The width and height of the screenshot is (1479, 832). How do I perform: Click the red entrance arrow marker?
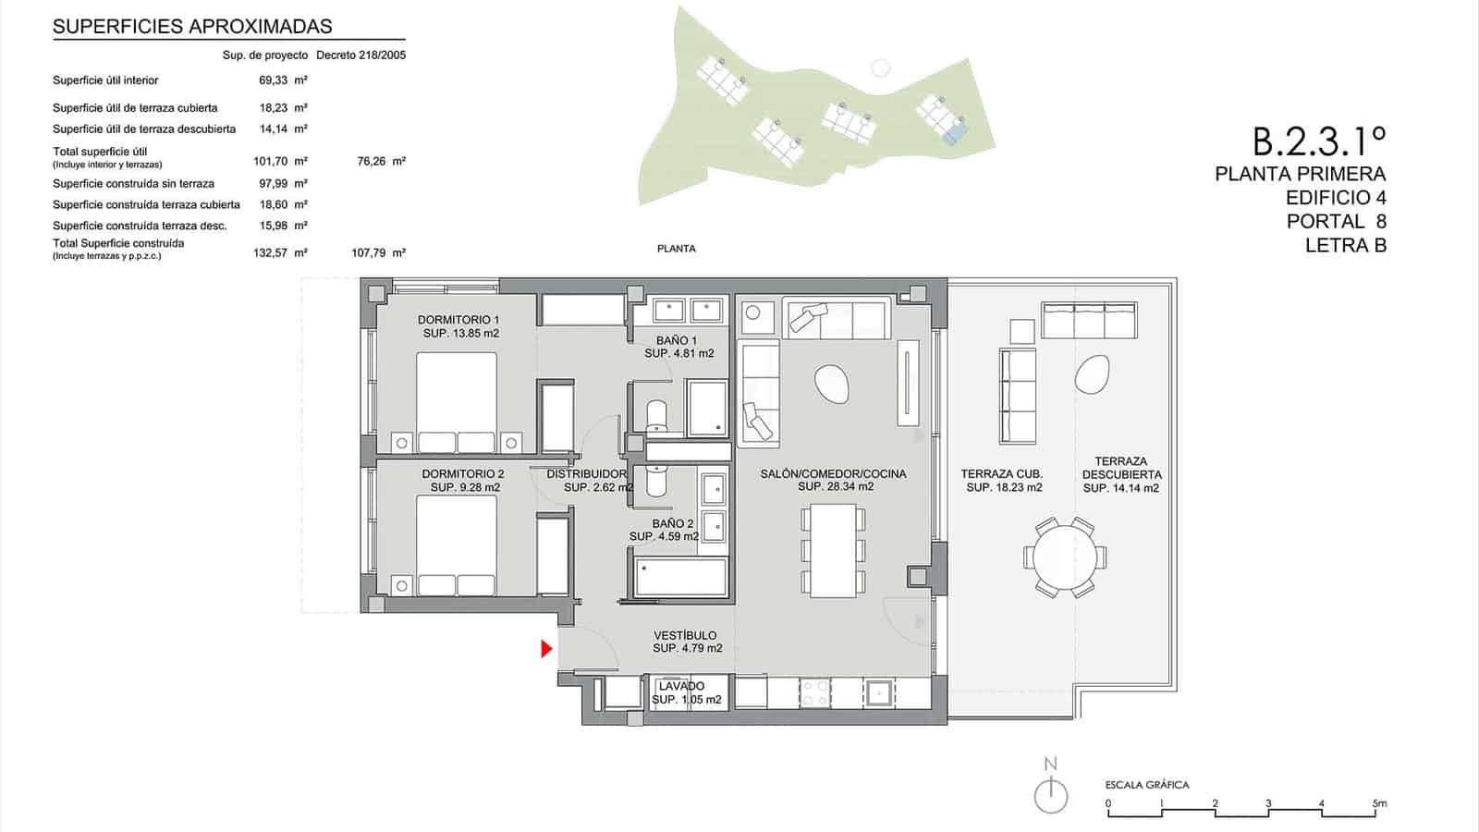click(x=546, y=649)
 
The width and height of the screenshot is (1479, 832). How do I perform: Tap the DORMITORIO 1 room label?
click(x=460, y=320)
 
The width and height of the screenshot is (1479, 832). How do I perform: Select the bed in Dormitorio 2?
click(x=457, y=545)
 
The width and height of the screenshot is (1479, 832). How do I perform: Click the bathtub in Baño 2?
click(x=679, y=577)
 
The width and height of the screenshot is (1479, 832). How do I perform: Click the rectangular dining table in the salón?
click(x=834, y=549)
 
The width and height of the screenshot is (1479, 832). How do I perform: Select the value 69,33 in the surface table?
click(x=274, y=80)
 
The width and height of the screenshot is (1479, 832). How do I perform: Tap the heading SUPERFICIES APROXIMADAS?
click(x=192, y=27)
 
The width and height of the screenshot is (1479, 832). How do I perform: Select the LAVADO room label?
click(x=681, y=686)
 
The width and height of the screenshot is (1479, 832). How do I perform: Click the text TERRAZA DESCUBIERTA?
click(x=1120, y=468)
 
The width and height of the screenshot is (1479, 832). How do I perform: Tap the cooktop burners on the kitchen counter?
click(x=814, y=693)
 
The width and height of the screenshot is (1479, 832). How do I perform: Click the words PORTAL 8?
click(x=1336, y=222)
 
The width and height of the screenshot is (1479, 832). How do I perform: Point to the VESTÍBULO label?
click(x=685, y=635)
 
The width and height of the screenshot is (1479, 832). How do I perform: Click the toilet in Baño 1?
click(x=655, y=417)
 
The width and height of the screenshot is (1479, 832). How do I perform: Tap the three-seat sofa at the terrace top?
click(x=1088, y=320)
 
